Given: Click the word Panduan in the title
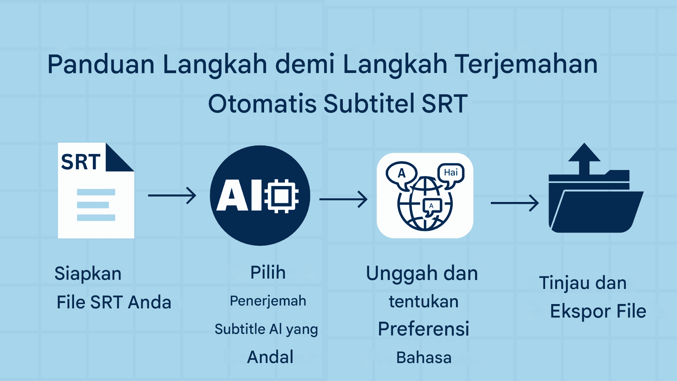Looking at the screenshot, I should coord(101,65).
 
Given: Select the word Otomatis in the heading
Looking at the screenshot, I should coord(262,104).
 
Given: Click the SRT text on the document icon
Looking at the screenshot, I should coord(80,162).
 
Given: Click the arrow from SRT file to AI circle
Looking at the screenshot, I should coord(172,195).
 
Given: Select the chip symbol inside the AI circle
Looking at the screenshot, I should coord(281,196).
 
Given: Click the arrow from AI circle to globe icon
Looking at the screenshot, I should coord(343,199).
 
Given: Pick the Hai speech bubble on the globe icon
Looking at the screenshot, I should coord(451,173).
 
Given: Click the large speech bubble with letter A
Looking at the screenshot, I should coord(402,174).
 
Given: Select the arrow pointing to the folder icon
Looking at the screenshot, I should coord(515,203).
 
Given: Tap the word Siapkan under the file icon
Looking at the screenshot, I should coord(88,274).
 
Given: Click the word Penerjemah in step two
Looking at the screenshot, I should coord(268,301).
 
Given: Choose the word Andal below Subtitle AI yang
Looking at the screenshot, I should coord(270,357).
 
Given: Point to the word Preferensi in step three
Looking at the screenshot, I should coord(423,329).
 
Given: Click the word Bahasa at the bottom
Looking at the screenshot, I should coord(424,358).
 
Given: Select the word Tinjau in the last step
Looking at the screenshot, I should coord(565,283).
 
